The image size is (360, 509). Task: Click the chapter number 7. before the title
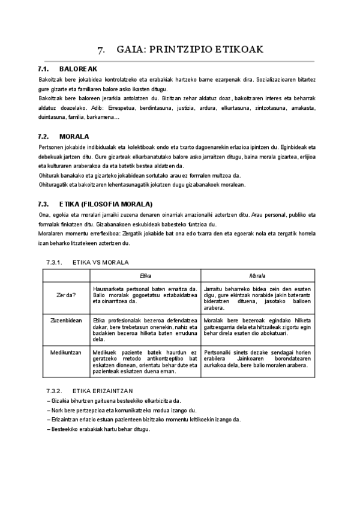(101, 50)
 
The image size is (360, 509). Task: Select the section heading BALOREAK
(74, 70)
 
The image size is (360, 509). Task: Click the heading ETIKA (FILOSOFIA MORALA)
(106, 204)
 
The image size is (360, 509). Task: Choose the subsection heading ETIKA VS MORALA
(100, 262)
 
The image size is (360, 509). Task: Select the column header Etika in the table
(145, 276)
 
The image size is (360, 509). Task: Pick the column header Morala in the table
(257, 276)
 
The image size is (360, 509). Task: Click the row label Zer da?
(66, 295)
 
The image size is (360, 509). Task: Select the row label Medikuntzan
(66, 352)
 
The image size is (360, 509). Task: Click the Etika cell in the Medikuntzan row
(145, 362)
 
